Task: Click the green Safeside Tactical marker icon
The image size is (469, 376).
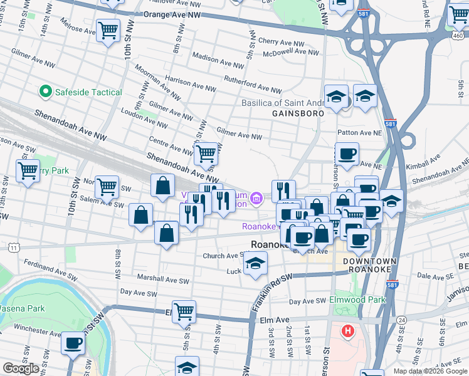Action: (45, 92)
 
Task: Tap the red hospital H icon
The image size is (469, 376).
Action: (347, 330)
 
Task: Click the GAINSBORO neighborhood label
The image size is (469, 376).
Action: (298, 113)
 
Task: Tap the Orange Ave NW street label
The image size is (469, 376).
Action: (172, 13)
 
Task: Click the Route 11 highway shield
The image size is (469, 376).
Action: (13, 248)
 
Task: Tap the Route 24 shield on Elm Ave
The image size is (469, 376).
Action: (402, 320)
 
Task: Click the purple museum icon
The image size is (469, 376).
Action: (256, 200)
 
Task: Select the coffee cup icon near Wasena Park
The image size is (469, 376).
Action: (73, 343)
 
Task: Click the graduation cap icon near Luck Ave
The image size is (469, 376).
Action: (255, 263)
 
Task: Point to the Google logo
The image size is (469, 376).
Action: (21, 368)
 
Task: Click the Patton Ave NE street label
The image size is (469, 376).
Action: (359, 133)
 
